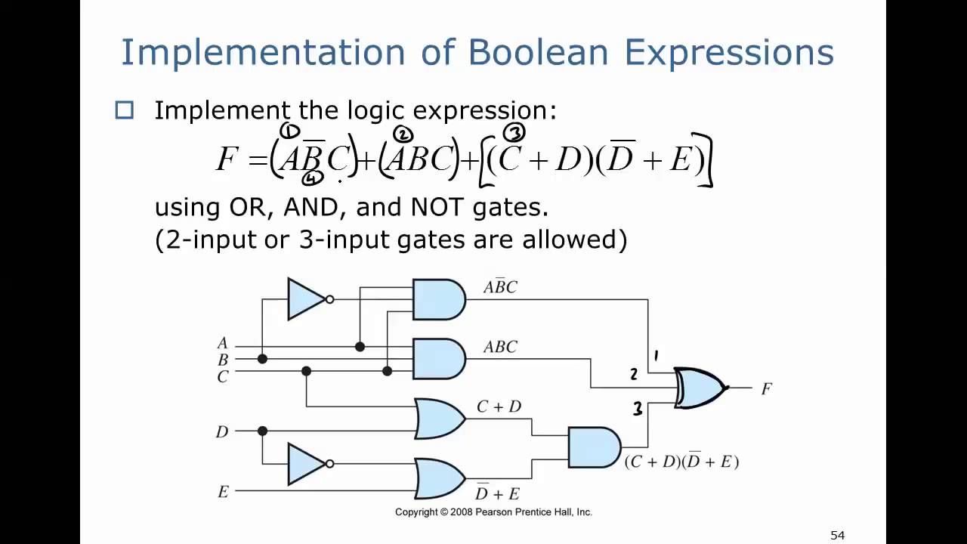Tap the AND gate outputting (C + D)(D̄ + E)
594,447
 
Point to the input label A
222,345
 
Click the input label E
223,492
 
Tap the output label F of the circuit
766,389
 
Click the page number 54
837,535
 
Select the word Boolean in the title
538,53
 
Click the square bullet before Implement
125,111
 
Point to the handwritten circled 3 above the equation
514,134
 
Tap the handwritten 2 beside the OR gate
634,374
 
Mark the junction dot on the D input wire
262,431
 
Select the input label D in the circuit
221,432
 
